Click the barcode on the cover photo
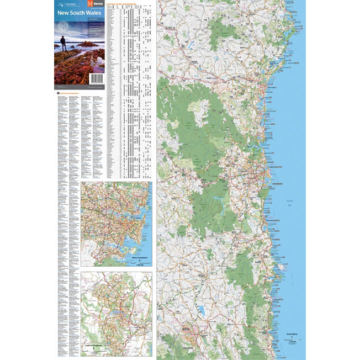point(97,80)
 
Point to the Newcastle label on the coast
point(272,87)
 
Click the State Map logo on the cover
point(62,3)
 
